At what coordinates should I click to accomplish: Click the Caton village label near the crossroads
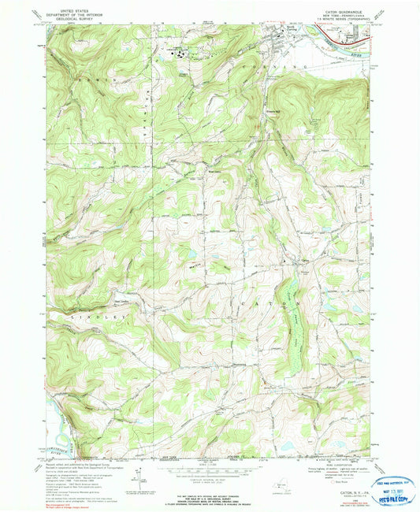[303, 262]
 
